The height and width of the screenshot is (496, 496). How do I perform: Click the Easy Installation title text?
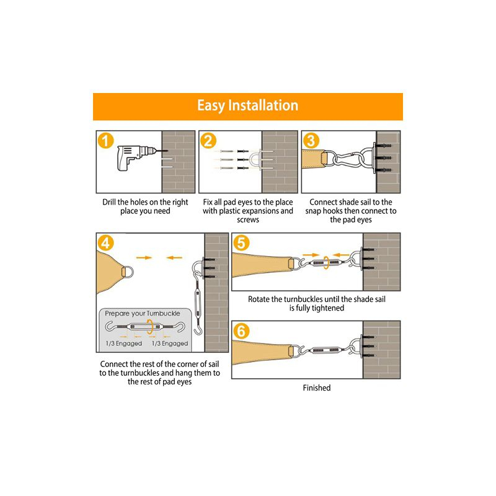[247, 105]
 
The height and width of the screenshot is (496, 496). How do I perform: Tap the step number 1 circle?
[107, 141]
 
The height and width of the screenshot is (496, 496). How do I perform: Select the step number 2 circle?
[209, 141]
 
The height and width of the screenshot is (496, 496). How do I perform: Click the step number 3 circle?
[312, 141]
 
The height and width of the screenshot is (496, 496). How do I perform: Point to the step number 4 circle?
[107, 244]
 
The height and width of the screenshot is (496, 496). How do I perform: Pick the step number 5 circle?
[242, 244]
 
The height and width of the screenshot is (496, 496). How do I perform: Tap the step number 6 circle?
[242, 330]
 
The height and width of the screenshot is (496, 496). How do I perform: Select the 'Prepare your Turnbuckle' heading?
[143, 314]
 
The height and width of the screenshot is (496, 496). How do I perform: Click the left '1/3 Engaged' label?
[123, 343]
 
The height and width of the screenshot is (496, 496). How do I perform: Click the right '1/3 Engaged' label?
[169, 343]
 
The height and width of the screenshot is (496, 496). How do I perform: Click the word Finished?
[316, 387]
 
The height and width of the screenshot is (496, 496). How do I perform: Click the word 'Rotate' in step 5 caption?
[260, 299]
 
